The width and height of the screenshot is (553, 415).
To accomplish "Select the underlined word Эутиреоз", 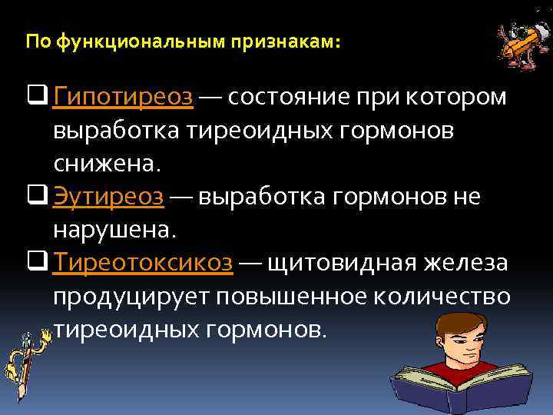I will (x=108, y=198).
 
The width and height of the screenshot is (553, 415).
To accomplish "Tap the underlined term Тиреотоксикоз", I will (x=143, y=264).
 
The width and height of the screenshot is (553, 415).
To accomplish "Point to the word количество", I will (x=445, y=297).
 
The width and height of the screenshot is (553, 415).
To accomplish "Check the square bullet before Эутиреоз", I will (x=38, y=197).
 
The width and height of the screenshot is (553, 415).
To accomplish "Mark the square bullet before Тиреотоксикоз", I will (x=38, y=263).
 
